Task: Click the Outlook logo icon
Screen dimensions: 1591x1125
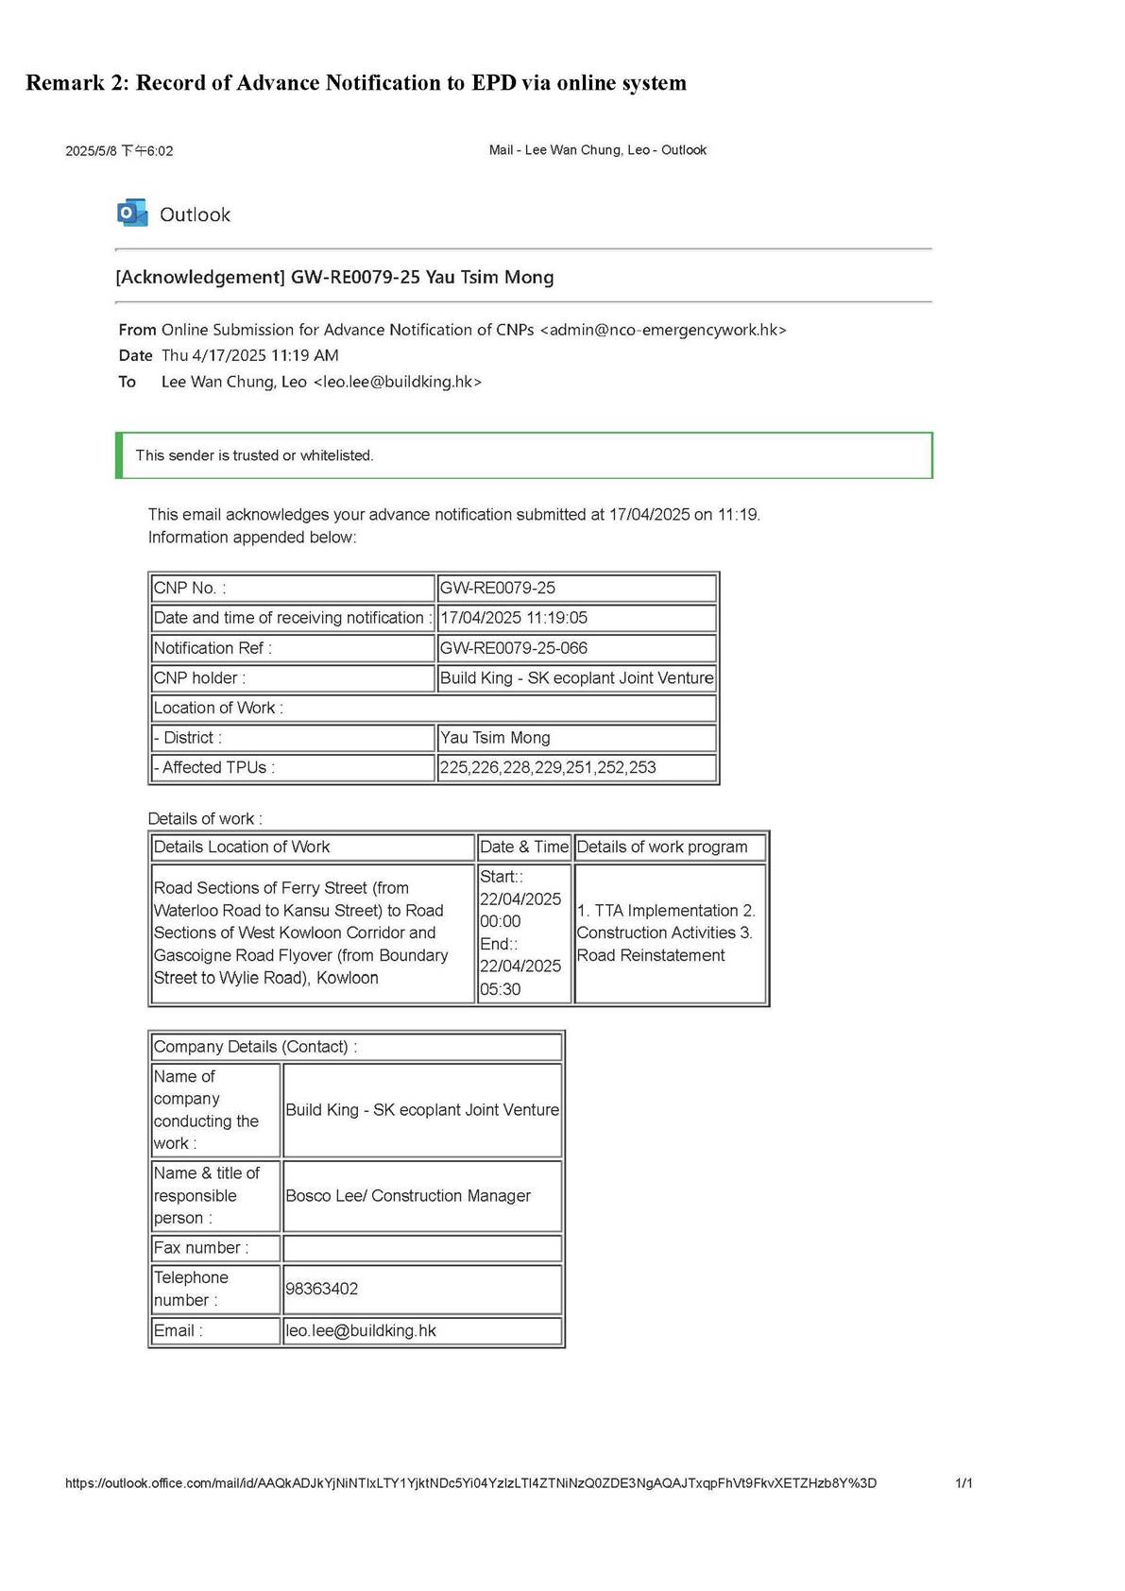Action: tap(132, 214)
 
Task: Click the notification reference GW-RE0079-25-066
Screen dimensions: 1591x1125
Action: tap(514, 648)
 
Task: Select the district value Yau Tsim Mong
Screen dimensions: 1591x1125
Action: tap(495, 738)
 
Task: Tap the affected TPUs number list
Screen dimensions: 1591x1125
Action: tap(548, 768)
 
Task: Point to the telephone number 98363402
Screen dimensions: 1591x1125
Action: tap(322, 1289)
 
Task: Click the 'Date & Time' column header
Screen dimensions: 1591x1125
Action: tap(524, 847)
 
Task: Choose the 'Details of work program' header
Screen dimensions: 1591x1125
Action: tap(662, 847)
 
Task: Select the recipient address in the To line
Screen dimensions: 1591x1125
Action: tap(397, 382)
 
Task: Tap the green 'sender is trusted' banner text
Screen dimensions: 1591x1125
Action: tap(255, 455)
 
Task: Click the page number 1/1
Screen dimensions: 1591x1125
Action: tap(963, 1483)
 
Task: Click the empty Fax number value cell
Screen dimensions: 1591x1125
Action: tap(422, 1248)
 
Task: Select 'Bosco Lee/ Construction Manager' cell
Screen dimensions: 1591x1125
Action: tap(408, 1196)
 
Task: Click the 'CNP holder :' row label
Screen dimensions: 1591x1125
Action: tap(200, 678)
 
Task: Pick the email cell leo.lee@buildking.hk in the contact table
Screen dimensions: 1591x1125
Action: tap(361, 1331)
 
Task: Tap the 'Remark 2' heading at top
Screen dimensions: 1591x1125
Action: tap(355, 83)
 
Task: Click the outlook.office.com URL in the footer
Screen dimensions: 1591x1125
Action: tap(470, 1483)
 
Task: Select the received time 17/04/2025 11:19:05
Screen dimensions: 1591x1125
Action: tap(514, 618)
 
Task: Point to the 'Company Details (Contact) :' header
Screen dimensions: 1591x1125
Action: tap(255, 1047)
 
